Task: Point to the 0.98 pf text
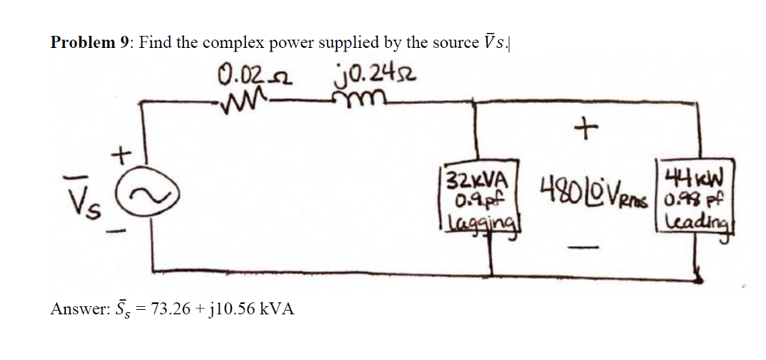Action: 680,197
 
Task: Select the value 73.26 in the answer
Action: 171,309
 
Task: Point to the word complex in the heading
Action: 230,43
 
